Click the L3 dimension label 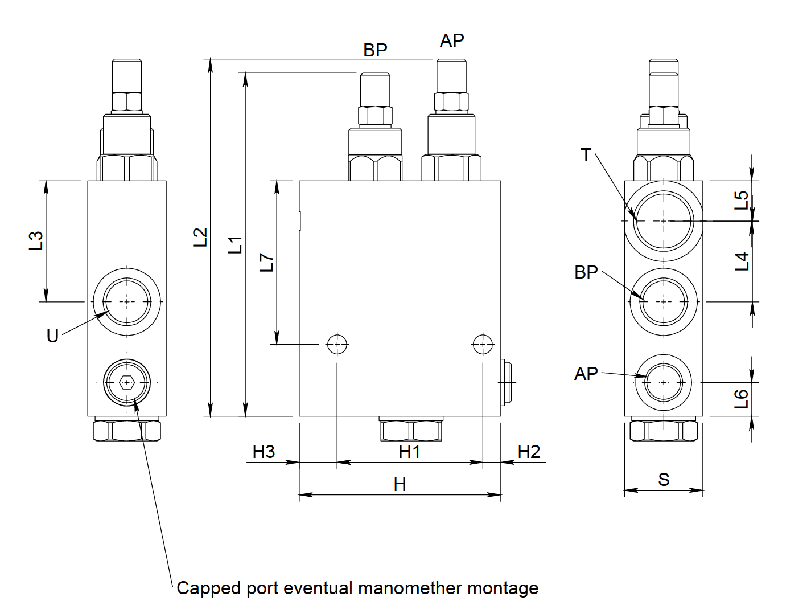click(36, 240)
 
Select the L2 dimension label click(200, 237)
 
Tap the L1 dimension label click(235, 244)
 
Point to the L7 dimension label click(266, 262)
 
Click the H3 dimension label click(264, 452)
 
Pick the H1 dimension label click(409, 452)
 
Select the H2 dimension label click(529, 452)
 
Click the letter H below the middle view click(400, 484)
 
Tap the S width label click(664, 480)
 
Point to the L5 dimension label click(741, 200)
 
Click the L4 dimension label click(742, 261)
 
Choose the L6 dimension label click(741, 399)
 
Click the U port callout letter click(52, 336)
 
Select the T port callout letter click(586, 155)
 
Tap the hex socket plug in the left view click(126, 383)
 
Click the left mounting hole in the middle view click(337, 344)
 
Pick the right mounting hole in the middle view click(483, 344)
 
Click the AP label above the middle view click(452, 40)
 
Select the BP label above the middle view click(375, 50)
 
